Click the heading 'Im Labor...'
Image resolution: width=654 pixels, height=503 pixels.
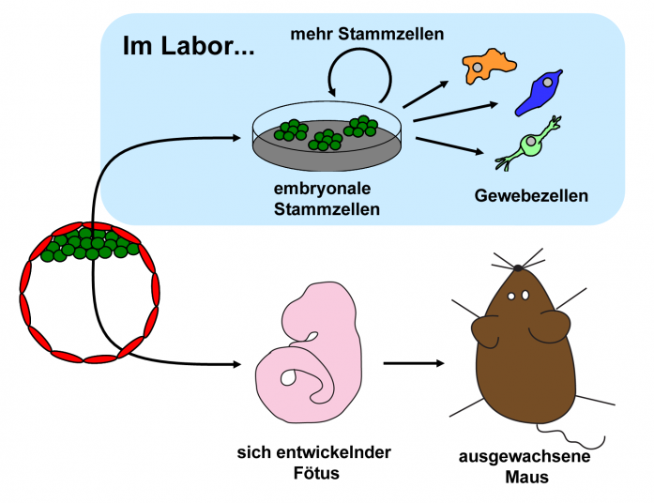tap(187, 46)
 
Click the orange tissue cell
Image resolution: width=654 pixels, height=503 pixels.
tap(488, 65)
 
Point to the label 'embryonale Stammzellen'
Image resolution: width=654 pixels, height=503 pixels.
tap(327, 200)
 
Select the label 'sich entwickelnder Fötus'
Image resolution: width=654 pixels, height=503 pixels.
tap(313, 462)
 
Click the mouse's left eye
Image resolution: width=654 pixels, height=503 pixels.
tap(512, 297)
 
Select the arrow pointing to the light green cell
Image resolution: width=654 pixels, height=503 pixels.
tap(450, 146)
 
